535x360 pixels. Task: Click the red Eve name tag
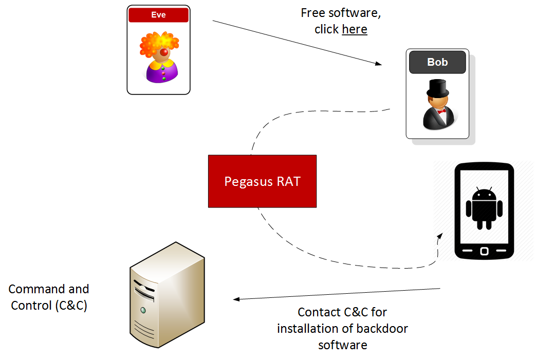pos(158,15)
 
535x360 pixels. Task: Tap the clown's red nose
pos(163,53)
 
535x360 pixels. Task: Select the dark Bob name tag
pos(437,62)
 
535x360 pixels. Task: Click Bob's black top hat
pos(437,88)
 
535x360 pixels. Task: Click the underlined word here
pos(355,29)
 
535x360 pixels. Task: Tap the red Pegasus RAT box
pos(262,181)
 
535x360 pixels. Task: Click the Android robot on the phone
pos(484,208)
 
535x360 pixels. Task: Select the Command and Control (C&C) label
pos(49,297)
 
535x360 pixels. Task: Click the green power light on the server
pos(143,310)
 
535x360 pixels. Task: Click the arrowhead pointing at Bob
pos(378,64)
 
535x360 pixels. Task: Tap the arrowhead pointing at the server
pos(237,299)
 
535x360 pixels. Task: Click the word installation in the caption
pos(308,328)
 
